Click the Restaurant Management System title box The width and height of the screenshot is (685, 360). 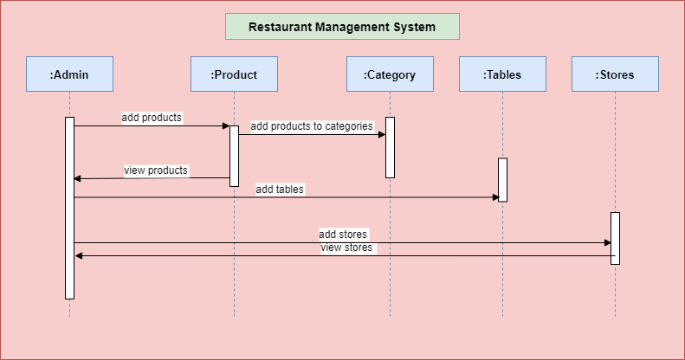pyautogui.click(x=342, y=27)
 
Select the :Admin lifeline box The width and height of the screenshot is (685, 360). pyautogui.click(x=69, y=74)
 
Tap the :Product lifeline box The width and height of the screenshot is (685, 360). pyautogui.click(x=234, y=74)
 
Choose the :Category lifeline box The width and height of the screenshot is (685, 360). pyautogui.click(x=390, y=74)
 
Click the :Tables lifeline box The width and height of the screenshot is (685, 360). pyautogui.click(x=502, y=74)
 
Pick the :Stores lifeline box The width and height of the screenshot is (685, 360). pyautogui.click(x=615, y=74)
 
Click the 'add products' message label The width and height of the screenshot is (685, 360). pyautogui.click(x=152, y=118)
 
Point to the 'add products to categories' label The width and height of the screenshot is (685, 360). pyautogui.click(x=312, y=126)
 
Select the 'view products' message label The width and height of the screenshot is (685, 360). pyautogui.click(x=156, y=170)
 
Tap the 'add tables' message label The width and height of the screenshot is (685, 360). pyautogui.click(x=280, y=189)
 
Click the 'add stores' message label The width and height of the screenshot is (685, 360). pyautogui.click(x=343, y=234)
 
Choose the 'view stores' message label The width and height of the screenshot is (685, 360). pyautogui.click(x=346, y=247)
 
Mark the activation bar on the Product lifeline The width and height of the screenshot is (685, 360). pyautogui.click(x=234, y=156)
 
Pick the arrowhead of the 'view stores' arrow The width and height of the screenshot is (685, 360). pyautogui.click(x=78, y=255)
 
